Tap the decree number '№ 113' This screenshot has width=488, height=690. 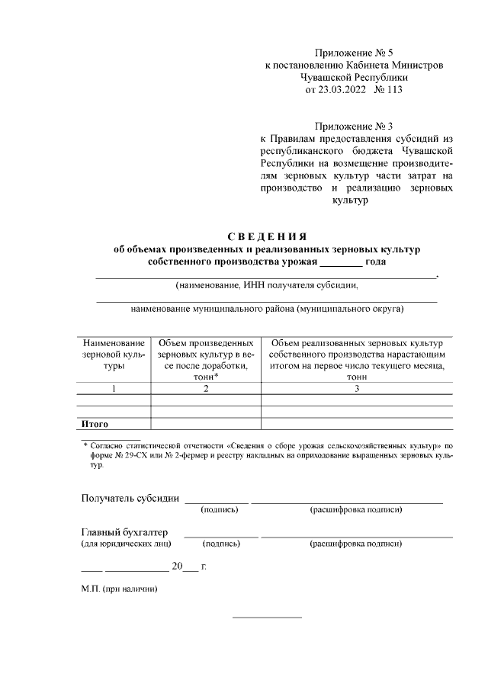389,89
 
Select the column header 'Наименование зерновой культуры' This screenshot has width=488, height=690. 113,355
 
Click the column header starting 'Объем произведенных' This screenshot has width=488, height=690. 206,360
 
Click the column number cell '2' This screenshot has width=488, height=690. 206,389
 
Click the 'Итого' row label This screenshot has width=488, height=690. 95,423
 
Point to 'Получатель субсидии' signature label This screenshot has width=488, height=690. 130,499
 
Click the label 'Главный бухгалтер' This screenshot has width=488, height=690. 124,531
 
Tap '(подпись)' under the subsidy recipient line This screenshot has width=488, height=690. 219,509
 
